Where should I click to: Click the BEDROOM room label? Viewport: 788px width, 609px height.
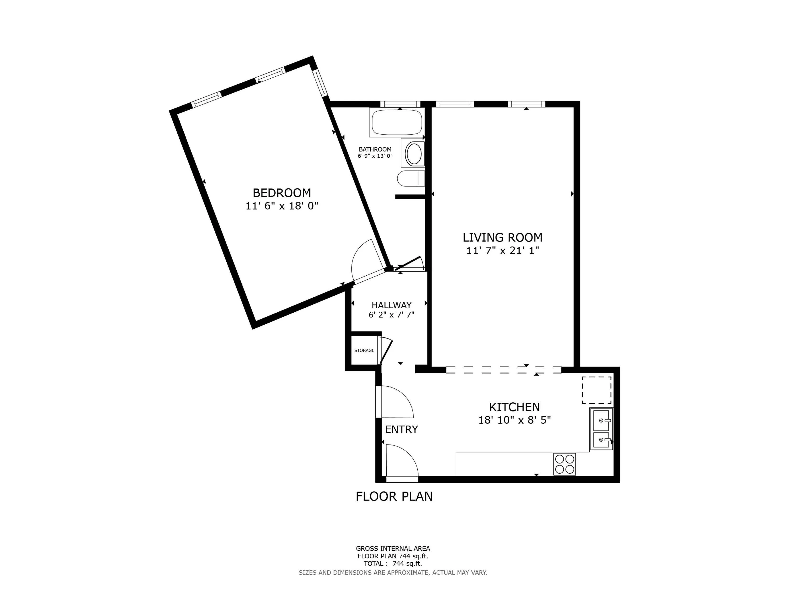click(x=282, y=193)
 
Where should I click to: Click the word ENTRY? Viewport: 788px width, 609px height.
click(x=401, y=429)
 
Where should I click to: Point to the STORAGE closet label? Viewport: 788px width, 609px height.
click(x=364, y=350)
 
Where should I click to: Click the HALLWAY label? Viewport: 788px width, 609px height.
click(x=391, y=305)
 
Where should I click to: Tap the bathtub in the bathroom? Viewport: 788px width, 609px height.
click(x=397, y=122)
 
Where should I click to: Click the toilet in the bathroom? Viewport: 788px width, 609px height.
click(x=411, y=178)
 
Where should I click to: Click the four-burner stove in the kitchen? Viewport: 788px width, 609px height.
click(x=564, y=464)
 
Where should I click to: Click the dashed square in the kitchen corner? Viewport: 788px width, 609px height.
click(x=596, y=390)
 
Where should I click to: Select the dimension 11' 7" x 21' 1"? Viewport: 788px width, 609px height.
click(x=502, y=250)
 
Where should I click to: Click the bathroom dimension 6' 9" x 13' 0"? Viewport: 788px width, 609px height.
click(x=375, y=156)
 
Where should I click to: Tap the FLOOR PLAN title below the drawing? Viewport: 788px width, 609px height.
click(x=394, y=497)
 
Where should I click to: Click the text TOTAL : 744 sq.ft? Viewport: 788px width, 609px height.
click(x=393, y=564)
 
